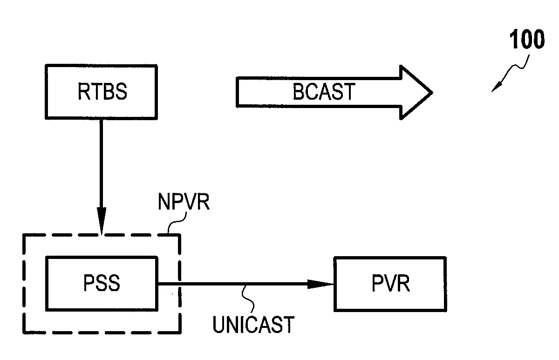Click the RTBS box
click(101, 92)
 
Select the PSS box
click(102, 284)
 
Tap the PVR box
click(390, 284)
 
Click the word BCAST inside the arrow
click(324, 92)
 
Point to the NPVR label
click(184, 202)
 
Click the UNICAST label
click(253, 324)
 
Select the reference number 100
click(527, 39)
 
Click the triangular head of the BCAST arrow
click(416, 92)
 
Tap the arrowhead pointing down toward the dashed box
click(102, 221)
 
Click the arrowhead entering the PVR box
click(320, 284)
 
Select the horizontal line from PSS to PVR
click(246, 284)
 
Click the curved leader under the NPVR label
click(177, 222)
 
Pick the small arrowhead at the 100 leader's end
click(496, 87)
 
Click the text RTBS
click(102, 92)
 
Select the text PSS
click(102, 283)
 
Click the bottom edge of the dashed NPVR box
click(102, 333)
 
